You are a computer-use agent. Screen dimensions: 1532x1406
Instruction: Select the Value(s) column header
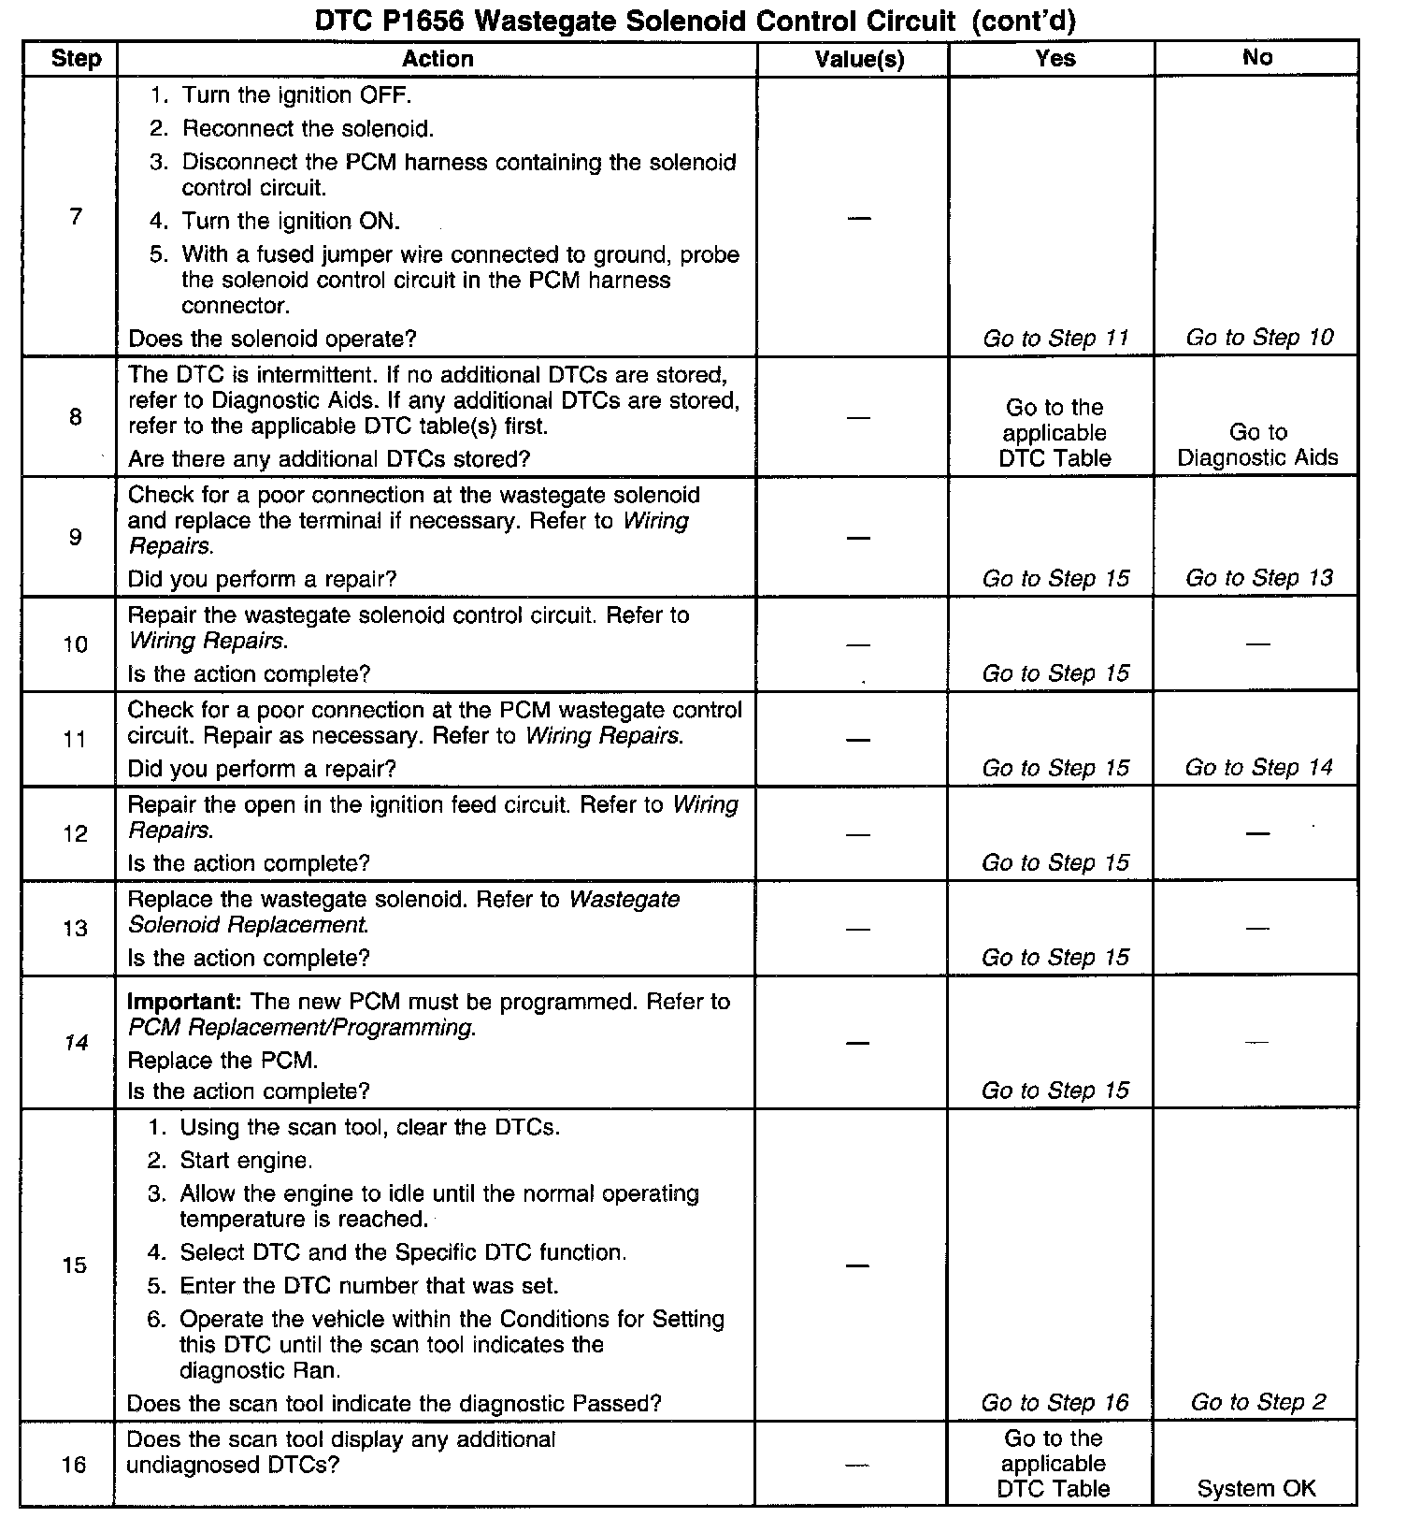[859, 59]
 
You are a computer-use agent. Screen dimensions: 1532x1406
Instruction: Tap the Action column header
[438, 59]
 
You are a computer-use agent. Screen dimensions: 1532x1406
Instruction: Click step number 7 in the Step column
[76, 217]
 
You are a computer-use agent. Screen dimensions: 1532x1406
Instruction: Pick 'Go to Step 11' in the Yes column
[1055, 338]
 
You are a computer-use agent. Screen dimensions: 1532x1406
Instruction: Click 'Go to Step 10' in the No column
[1259, 337]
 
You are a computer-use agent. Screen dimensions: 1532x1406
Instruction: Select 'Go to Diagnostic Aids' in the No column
[1257, 444]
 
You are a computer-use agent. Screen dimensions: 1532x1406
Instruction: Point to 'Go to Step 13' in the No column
[1259, 578]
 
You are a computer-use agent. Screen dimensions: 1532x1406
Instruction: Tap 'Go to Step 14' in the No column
[1258, 768]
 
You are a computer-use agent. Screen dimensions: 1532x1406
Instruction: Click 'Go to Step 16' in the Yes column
[1054, 1403]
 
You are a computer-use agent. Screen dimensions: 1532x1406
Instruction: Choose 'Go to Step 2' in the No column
[1258, 1402]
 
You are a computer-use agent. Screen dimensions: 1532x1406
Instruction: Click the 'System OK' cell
[1256, 1489]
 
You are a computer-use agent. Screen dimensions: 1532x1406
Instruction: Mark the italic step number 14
[76, 1043]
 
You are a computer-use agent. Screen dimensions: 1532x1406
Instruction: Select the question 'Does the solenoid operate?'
[272, 339]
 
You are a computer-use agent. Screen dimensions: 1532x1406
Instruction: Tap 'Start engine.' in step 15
[246, 1161]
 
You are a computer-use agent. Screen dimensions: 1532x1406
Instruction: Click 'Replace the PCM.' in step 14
[222, 1061]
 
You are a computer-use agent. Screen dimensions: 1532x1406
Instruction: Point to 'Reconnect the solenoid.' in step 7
[308, 128]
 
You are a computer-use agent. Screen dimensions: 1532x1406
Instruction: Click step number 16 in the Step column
[75, 1465]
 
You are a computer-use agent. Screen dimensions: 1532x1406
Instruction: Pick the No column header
[1257, 58]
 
